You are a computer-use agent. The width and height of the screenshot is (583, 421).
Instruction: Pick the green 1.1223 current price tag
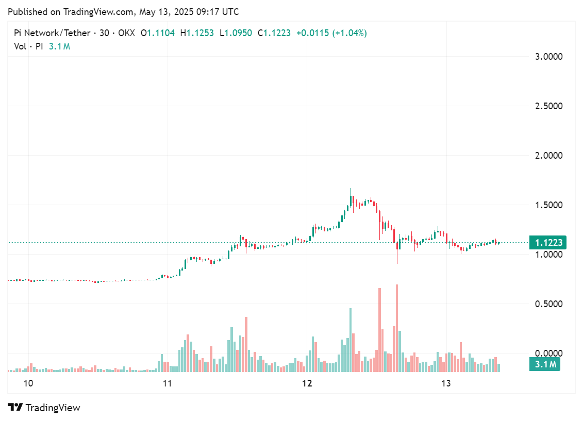pyautogui.click(x=548, y=243)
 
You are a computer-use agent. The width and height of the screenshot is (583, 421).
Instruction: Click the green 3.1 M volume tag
pyautogui.click(x=545, y=365)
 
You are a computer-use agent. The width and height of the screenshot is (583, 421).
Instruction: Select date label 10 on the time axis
pyautogui.click(x=28, y=383)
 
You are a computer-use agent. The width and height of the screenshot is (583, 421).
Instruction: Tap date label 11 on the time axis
pyautogui.click(x=166, y=383)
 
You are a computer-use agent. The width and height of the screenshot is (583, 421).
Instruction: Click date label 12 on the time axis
pyautogui.click(x=307, y=383)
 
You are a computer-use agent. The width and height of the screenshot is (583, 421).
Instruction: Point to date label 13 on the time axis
pyautogui.click(x=446, y=383)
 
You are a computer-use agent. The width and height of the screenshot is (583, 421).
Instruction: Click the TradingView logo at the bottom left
pyautogui.click(x=44, y=408)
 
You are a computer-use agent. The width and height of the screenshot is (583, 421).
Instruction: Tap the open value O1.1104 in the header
pyautogui.click(x=157, y=33)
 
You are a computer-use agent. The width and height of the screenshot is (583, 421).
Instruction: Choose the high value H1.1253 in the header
pyautogui.click(x=196, y=33)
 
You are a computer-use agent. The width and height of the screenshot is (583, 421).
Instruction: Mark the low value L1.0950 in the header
pyautogui.click(x=236, y=33)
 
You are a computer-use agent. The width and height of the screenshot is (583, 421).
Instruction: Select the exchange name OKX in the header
pyautogui.click(x=126, y=33)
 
